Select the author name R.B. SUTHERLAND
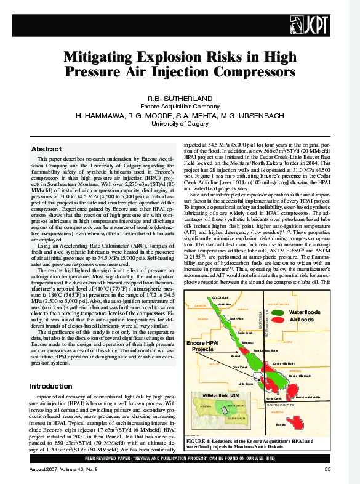click(180, 99)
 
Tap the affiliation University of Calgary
click(180, 123)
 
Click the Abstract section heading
click(46, 150)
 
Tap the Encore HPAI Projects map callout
click(204, 345)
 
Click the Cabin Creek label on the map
click(244, 333)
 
